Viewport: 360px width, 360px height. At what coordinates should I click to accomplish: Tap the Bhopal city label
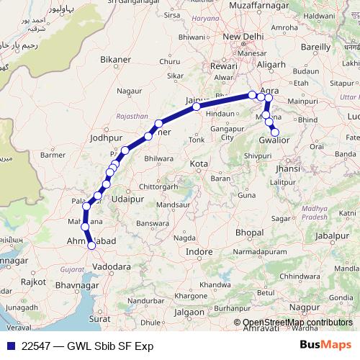pos(249,234)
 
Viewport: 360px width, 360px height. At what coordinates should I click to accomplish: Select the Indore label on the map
pos(199,251)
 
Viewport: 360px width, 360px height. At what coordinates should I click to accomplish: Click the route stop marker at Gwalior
pos(274,132)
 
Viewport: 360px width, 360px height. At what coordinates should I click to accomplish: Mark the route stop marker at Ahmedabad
pos(91,246)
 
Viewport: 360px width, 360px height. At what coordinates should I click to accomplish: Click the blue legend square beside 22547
pos(9,346)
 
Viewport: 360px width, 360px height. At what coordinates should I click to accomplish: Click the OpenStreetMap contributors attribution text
pos(297,323)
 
